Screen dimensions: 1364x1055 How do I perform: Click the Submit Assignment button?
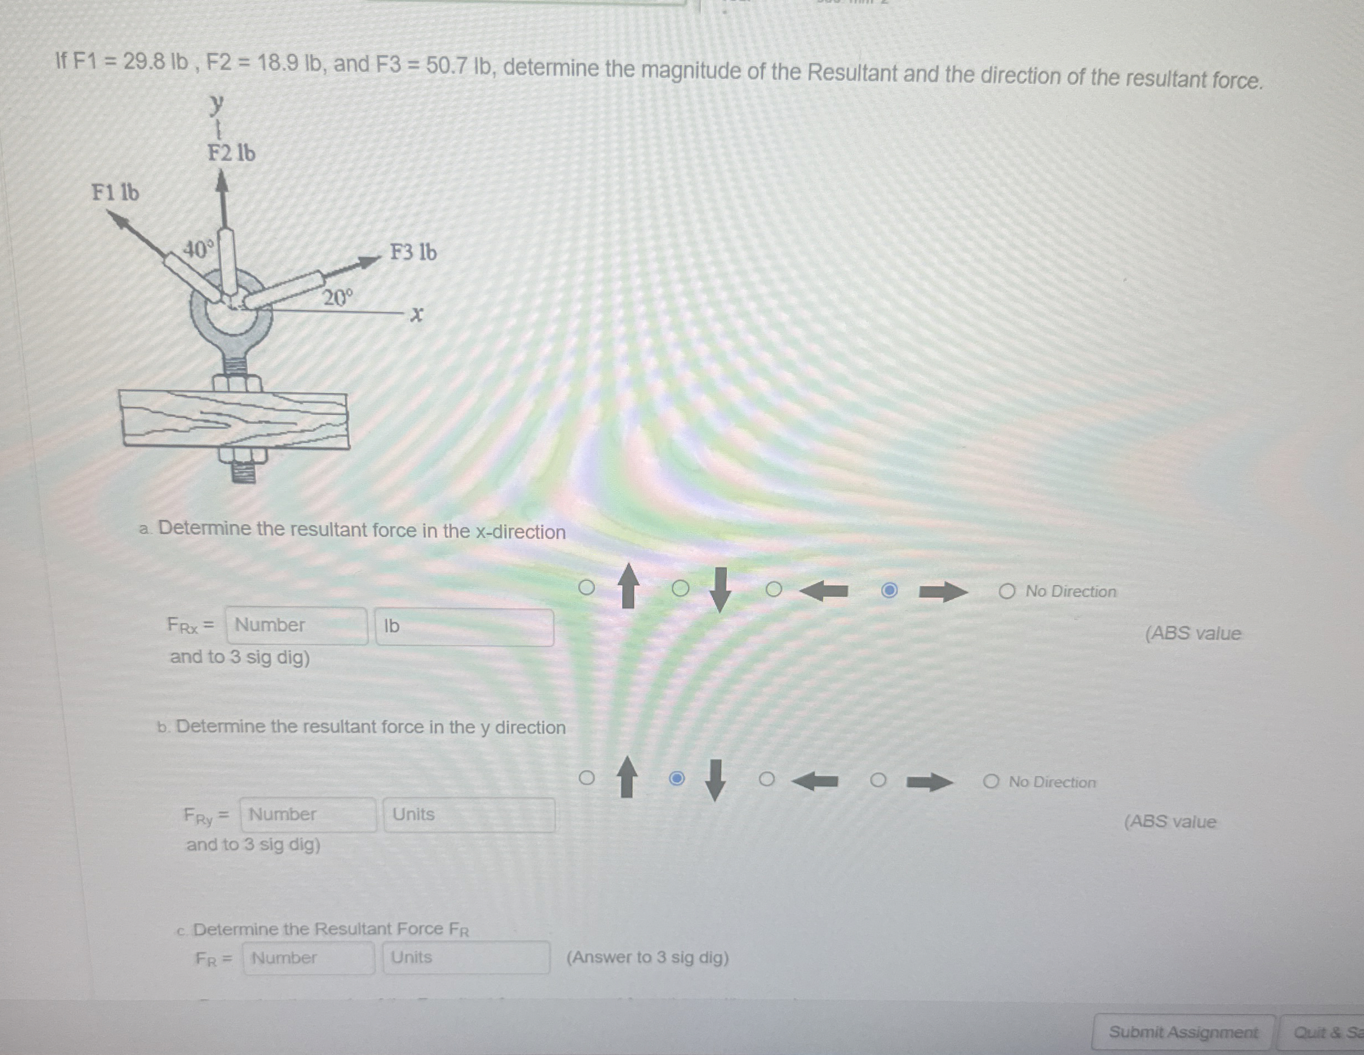click(1182, 1032)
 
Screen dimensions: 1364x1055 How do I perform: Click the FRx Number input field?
click(297, 626)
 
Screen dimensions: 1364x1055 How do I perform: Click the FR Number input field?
click(308, 958)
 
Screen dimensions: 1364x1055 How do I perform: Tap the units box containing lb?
click(464, 627)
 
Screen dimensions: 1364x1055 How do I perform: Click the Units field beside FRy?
click(468, 815)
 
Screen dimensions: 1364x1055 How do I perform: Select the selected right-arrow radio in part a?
click(890, 590)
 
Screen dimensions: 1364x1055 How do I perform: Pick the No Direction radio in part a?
click(1006, 592)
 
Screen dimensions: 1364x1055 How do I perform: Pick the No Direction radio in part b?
click(990, 782)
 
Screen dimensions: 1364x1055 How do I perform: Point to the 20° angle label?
click(338, 298)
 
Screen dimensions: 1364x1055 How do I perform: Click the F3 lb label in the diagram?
click(413, 252)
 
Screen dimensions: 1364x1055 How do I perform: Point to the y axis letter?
click(216, 104)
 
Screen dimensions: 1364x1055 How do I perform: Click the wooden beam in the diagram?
click(235, 419)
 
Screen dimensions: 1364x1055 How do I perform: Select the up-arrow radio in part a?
click(586, 587)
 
